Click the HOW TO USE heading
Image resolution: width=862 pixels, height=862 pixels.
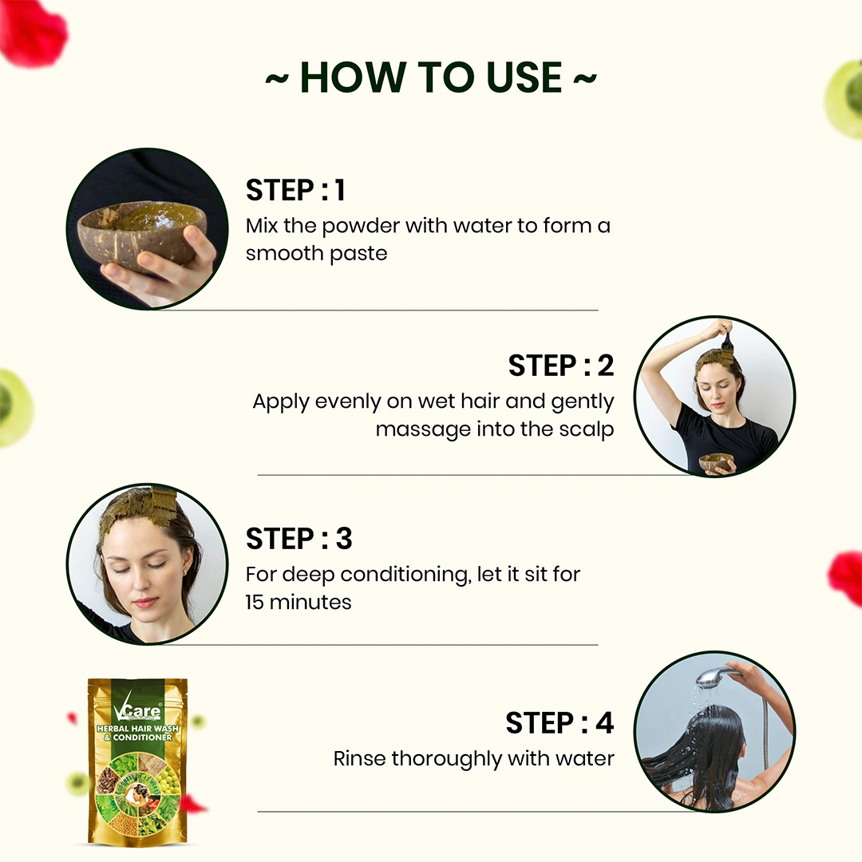coord(431,77)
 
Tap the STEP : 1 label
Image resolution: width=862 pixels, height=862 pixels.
coord(295,191)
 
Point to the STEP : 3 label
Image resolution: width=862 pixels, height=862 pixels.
coord(299,539)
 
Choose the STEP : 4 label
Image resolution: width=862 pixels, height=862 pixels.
coord(560,723)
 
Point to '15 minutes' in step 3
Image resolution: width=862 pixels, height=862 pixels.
coord(299,602)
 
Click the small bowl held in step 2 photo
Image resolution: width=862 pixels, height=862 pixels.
coord(716,462)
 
